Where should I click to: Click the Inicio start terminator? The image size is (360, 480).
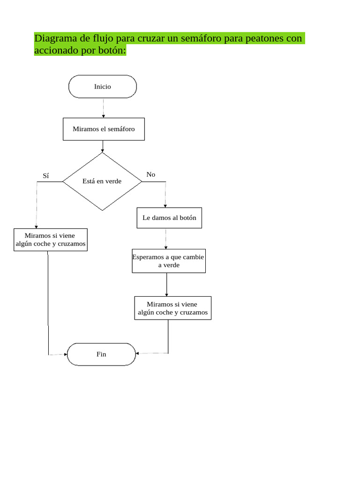click(x=103, y=87)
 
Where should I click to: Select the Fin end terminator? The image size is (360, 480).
click(x=101, y=354)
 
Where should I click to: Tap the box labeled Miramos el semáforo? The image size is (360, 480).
click(x=104, y=129)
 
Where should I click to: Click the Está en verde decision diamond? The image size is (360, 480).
click(x=102, y=181)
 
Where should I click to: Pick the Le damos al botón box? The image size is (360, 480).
click(x=169, y=218)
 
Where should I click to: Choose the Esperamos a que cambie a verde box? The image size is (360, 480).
click(x=168, y=261)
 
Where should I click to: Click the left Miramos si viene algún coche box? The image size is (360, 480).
click(x=50, y=240)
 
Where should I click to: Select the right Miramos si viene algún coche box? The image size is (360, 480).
click(x=172, y=308)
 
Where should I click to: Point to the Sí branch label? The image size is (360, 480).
click(x=45, y=176)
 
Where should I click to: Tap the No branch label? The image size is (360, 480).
click(x=150, y=174)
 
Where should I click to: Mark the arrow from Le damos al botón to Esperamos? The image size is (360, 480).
click(x=166, y=239)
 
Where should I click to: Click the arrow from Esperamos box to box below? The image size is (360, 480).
click(x=166, y=285)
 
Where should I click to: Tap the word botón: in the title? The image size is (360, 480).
click(x=112, y=50)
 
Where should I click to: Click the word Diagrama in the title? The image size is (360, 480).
click(x=54, y=38)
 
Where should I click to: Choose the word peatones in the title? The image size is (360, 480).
click(x=262, y=38)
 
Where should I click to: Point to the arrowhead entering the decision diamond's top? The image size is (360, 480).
click(x=102, y=150)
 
